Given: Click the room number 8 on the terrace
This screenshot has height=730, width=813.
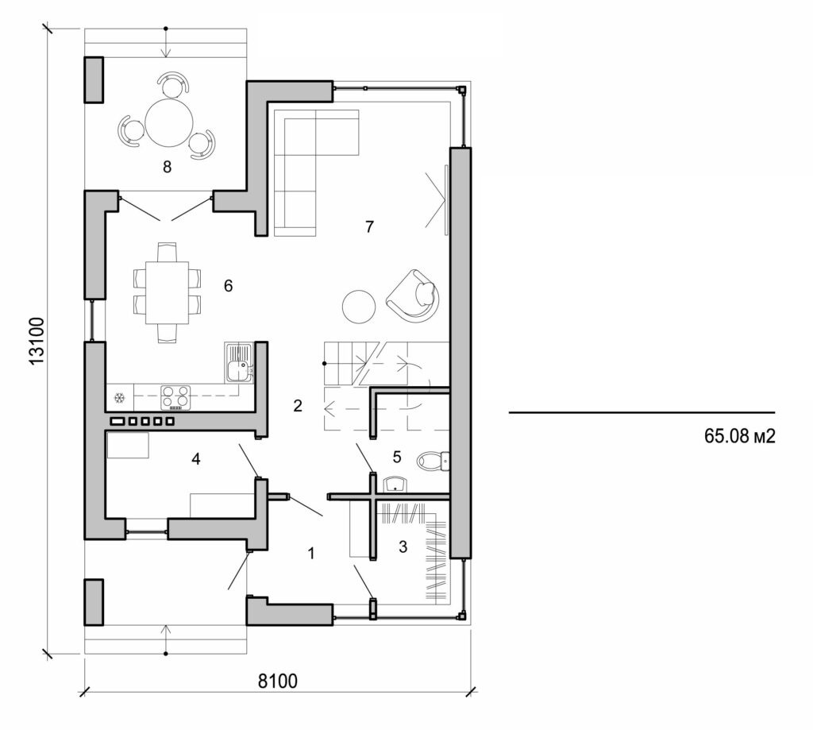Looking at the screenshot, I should [x=167, y=168].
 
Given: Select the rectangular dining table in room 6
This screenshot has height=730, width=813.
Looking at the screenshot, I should [x=167, y=292].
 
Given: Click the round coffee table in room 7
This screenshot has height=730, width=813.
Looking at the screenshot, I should [x=359, y=305].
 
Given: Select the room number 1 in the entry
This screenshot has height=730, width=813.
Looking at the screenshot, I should [x=311, y=554].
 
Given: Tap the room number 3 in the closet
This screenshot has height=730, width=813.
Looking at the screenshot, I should [x=403, y=547].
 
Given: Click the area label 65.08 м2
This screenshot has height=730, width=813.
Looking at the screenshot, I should [x=738, y=436].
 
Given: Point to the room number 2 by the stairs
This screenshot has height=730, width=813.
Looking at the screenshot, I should [x=298, y=406].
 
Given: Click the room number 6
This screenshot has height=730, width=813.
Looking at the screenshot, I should [x=228, y=286].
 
